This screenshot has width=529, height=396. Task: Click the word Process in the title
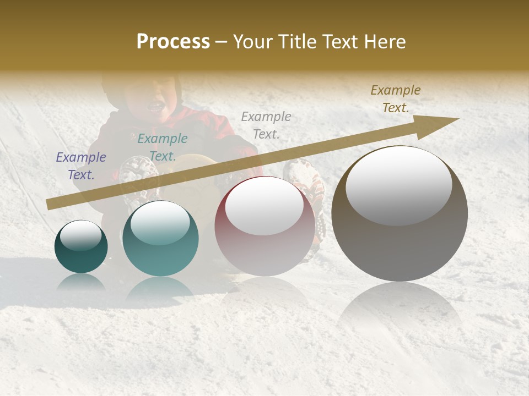point(173,42)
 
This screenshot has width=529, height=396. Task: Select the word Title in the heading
point(297,42)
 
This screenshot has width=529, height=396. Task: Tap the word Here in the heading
point(384,42)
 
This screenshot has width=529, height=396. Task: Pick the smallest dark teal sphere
point(81,246)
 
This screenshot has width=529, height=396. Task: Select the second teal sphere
point(160,238)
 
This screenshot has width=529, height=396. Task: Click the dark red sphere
point(264,226)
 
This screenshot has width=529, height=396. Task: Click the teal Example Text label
point(163,147)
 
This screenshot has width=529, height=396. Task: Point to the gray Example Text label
point(266,125)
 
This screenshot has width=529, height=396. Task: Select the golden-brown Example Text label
point(396,99)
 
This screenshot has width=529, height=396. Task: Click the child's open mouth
point(156,105)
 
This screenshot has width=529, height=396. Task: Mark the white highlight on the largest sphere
point(399,185)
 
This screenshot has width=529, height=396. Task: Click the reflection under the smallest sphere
point(81,282)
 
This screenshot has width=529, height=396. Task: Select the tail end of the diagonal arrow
point(50,205)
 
